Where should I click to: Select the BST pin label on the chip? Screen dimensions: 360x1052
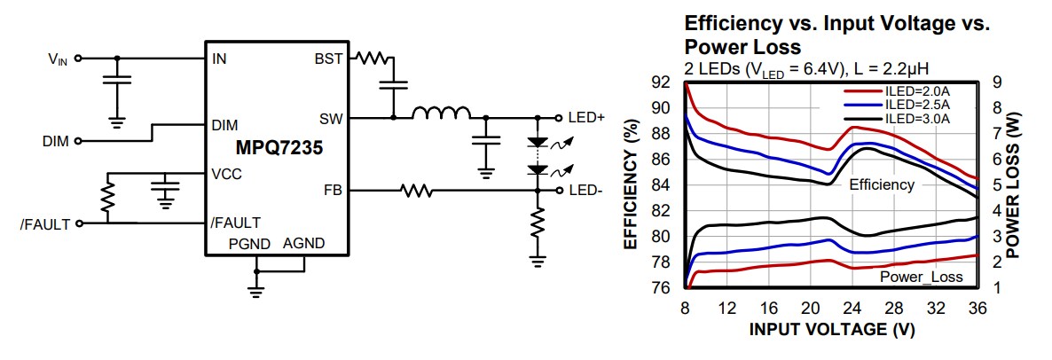pyautogui.click(x=329, y=59)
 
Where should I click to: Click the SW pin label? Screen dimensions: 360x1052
pyautogui.click(x=330, y=117)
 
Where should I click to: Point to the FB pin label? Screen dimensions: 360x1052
pyautogui.click(x=333, y=190)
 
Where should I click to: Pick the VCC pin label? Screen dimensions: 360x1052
pyautogui.click(x=226, y=174)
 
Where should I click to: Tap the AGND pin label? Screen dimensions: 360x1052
pyautogui.click(x=303, y=243)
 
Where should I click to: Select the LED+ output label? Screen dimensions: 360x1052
pyautogui.click(x=585, y=117)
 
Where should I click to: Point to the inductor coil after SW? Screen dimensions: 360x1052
pyautogui.click(x=442, y=113)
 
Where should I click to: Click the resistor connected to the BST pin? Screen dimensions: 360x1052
pyautogui.click(x=373, y=59)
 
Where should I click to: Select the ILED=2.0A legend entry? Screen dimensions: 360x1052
pyautogui.click(x=915, y=90)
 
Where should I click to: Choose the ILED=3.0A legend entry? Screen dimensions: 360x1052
pyautogui.click(x=915, y=117)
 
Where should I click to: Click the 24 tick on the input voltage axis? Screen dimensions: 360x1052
pyautogui.click(x=851, y=309)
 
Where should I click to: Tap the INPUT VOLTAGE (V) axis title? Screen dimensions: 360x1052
pyautogui.click(x=831, y=330)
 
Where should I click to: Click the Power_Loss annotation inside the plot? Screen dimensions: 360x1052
pyautogui.click(x=921, y=278)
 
